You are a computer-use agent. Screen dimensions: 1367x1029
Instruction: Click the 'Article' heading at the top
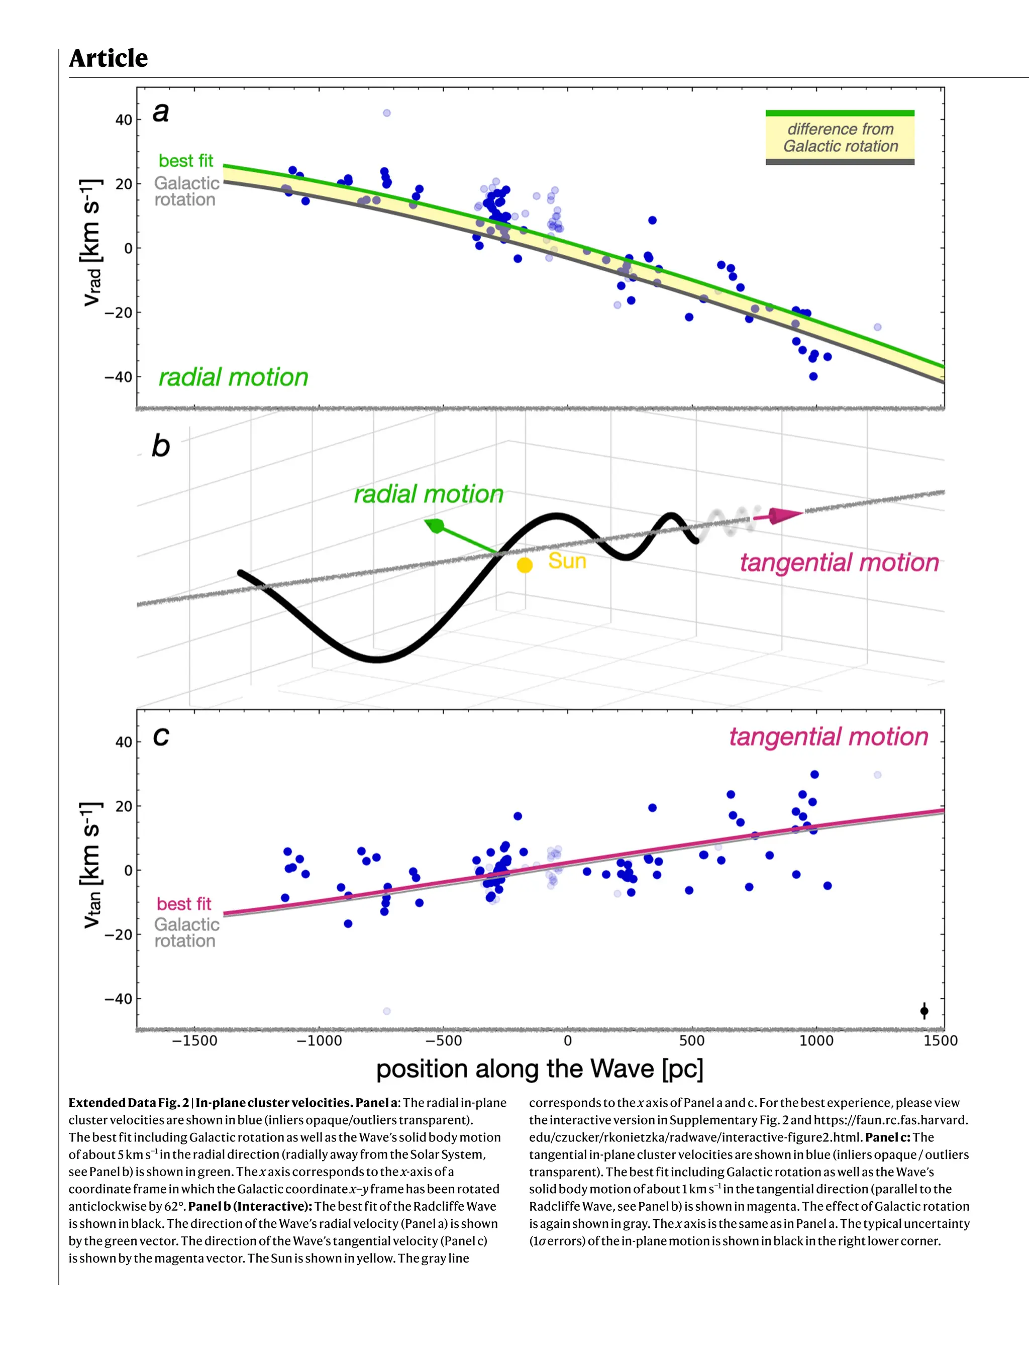click(108, 58)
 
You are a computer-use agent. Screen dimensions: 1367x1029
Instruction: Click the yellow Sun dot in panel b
click(524, 565)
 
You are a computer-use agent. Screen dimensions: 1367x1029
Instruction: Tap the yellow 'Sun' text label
click(567, 561)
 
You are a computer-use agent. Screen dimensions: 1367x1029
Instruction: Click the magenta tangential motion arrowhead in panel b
click(784, 515)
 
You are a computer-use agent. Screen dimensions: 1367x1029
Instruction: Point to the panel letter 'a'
click(161, 113)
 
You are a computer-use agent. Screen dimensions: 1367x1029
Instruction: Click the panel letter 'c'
click(161, 736)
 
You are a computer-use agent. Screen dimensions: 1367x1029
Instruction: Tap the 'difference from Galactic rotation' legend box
click(839, 137)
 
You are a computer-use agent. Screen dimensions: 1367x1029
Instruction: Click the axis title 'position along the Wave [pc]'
click(540, 1069)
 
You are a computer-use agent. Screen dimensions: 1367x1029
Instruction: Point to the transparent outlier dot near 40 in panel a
click(386, 113)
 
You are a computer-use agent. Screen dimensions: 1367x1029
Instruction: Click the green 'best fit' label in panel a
click(185, 161)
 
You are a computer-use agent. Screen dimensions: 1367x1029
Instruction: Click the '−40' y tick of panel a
click(118, 377)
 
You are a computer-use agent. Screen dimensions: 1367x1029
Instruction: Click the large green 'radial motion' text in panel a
click(233, 377)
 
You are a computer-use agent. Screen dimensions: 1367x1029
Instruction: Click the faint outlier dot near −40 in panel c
click(386, 1011)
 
